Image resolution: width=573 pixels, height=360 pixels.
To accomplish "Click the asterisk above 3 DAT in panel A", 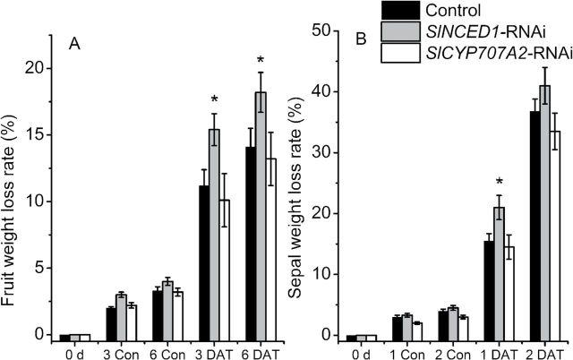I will [x=215, y=100].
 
